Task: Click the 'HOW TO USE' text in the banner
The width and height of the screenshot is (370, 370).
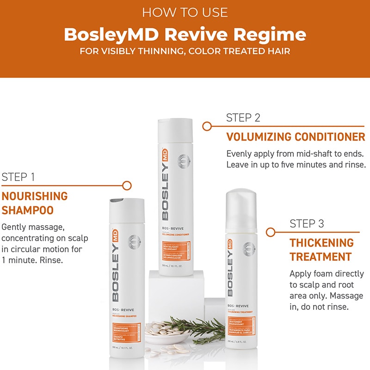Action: click(185, 12)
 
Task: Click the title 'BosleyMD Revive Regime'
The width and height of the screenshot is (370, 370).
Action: click(185, 34)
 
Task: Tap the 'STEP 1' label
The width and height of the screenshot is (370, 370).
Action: click(18, 177)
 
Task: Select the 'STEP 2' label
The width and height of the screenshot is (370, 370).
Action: click(243, 117)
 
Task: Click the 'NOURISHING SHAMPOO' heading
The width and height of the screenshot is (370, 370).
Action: click(35, 203)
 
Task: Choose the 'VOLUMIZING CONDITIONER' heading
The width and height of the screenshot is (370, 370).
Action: click(296, 137)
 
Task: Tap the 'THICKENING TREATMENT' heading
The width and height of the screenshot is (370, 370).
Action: click(321, 250)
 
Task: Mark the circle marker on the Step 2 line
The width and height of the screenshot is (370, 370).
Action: click(207, 126)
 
